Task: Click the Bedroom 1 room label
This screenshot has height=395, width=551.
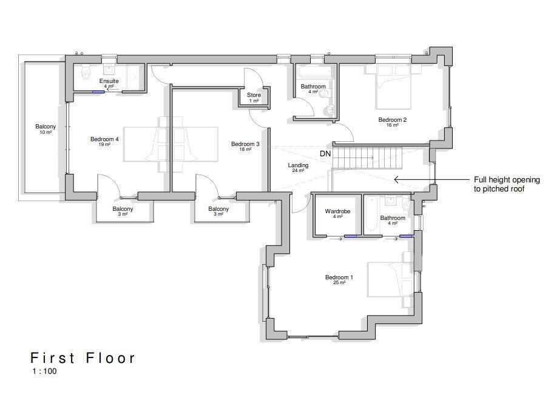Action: pyautogui.click(x=339, y=278)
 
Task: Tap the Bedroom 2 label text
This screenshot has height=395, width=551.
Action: pyautogui.click(x=392, y=121)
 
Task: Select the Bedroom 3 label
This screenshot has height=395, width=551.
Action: pyautogui.click(x=245, y=145)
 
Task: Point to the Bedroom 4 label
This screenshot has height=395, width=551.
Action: pyautogui.click(x=104, y=140)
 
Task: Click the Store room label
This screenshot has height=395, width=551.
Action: pyautogui.click(x=254, y=96)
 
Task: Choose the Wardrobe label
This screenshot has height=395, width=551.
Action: pyautogui.click(x=337, y=212)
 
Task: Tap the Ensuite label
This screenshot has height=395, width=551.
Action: pyautogui.click(x=109, y=81)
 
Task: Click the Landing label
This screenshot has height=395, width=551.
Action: pyautogui.click(x=298, y=166)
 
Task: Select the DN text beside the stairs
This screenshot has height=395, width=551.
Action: pyautogui.click(x=325, y=154)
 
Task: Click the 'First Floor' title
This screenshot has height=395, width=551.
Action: pyautogui.click(x=83, y=358)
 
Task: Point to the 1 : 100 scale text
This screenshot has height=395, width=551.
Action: pyautogui.click(x=44, y=371)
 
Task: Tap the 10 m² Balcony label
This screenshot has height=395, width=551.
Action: pyautogui.click(x=46, y=127)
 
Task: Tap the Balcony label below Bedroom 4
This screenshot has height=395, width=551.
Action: pyautogui.click(x=123, y=210)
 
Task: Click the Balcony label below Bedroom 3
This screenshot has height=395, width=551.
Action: pyautogui.click(x=218, y=210)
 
